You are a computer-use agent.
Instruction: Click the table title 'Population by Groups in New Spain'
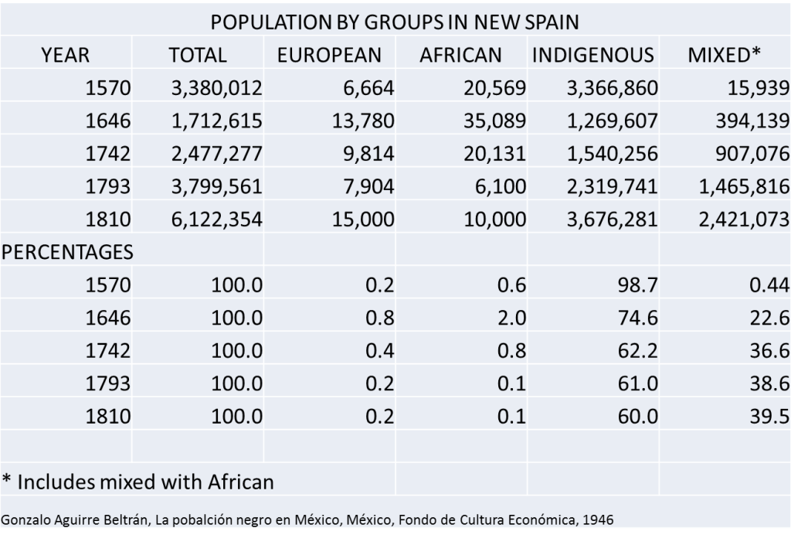point(395,21)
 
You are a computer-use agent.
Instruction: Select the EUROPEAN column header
point(330,55)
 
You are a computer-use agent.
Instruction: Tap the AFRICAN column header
point(460,55)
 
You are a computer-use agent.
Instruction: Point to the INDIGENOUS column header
point(592,55)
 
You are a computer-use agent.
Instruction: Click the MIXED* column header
point(724,55)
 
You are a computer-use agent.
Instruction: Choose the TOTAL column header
point(198,55)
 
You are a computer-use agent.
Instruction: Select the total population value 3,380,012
point(217,88)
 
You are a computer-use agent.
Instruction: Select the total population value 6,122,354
point(217,220)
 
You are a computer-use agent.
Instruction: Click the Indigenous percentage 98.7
point(637,285)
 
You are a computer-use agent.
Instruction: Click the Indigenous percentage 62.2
point(637,351)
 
